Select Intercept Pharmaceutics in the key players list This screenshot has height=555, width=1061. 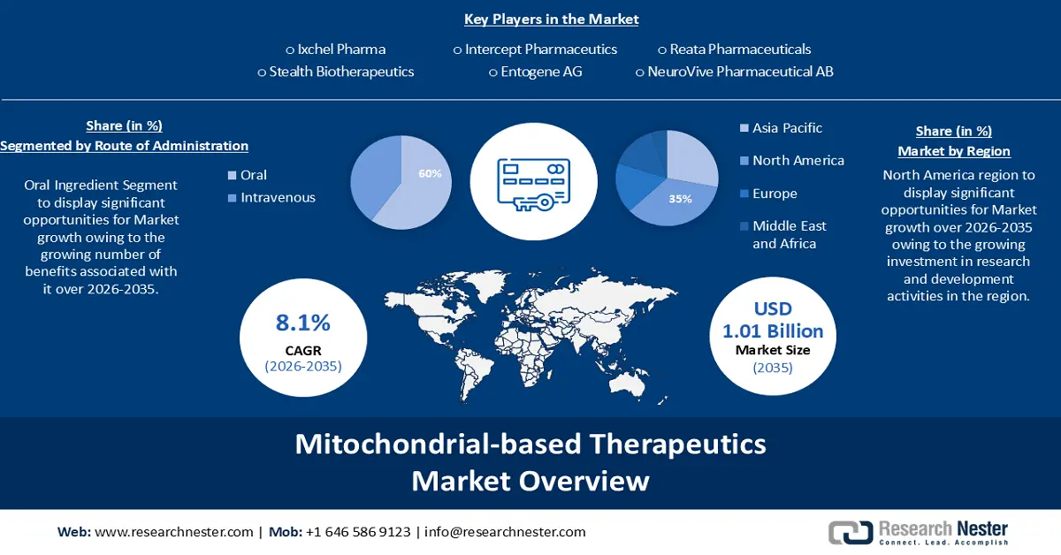point(540,49)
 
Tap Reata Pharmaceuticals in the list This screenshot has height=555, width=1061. point(740,49)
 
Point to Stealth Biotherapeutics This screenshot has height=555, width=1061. point(340,72)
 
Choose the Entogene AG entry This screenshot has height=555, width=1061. point(540,72)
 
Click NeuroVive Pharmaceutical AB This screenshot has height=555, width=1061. point(739,72)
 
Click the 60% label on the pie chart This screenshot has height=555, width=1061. point(430,174)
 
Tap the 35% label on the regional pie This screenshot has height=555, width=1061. point(680,199)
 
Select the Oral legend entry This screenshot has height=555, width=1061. point(253,175)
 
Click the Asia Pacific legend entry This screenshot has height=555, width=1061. point(787,128)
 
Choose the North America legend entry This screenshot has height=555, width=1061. point(798,161)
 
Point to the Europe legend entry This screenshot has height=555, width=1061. point(775,194)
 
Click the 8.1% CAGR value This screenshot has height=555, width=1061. point(303,323)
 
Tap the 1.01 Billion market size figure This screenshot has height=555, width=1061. point(773,331)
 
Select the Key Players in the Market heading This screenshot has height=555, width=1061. point(551,19)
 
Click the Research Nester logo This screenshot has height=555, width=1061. point(918,532)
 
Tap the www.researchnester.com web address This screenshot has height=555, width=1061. point(173,532)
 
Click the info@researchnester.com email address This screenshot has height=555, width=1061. point(505,532)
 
